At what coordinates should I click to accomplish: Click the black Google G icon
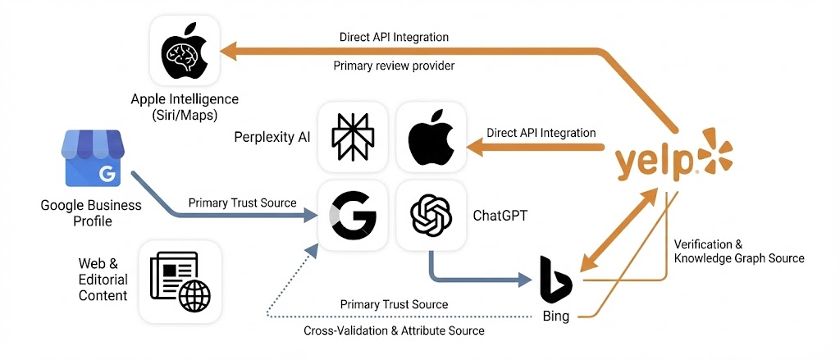[352, 215]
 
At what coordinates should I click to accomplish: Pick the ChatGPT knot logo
[431, 215]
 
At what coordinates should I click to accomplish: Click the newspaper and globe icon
[180, 281]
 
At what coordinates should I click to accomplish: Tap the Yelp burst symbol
[713, 153]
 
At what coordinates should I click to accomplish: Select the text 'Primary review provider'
[394, 66]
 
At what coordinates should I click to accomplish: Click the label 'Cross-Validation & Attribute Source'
[394, 330]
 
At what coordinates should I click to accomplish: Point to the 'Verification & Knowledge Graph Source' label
[738, 251]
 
